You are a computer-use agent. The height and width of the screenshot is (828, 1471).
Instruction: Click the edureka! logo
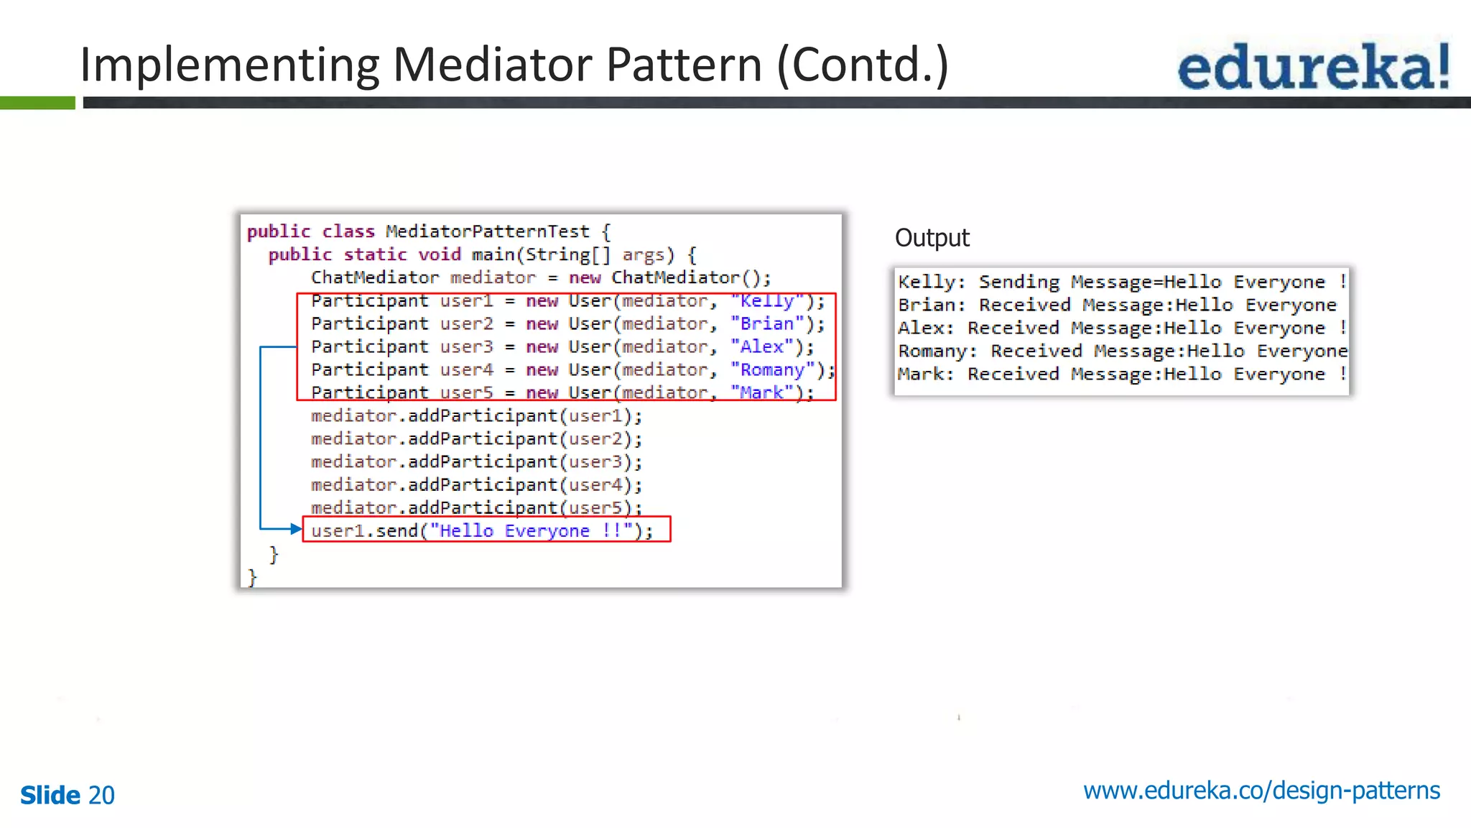1313,66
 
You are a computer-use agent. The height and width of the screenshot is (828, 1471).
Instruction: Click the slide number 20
101,795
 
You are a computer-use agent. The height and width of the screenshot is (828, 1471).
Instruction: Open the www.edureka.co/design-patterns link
1261,791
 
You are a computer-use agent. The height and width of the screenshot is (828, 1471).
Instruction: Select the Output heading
932,238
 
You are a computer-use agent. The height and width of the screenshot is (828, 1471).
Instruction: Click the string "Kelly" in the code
767,301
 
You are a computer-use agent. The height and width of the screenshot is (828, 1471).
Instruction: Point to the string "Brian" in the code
767,324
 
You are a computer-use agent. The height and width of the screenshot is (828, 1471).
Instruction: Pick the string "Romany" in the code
773,370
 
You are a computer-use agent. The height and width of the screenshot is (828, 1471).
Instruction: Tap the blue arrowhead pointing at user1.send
295,529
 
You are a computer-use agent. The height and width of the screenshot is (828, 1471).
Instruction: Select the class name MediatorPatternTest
487,231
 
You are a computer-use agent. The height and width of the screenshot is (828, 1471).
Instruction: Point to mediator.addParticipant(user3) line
476,461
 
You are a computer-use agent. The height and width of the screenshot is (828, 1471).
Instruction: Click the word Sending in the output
1018,282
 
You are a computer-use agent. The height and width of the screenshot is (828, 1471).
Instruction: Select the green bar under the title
37,103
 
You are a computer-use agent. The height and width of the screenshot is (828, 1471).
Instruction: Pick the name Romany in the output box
933,351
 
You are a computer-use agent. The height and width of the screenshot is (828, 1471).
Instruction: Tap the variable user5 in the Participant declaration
466,392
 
